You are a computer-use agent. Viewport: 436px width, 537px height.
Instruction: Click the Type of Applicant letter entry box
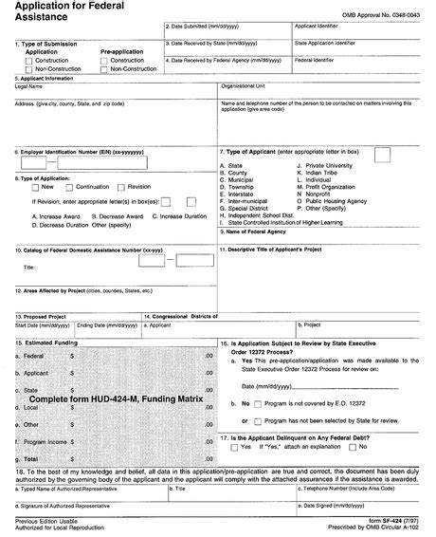(382, 154)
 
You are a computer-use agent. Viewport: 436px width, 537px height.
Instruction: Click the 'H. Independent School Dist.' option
(263, 216)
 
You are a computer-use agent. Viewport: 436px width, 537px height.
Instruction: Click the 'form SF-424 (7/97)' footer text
(390, 522)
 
